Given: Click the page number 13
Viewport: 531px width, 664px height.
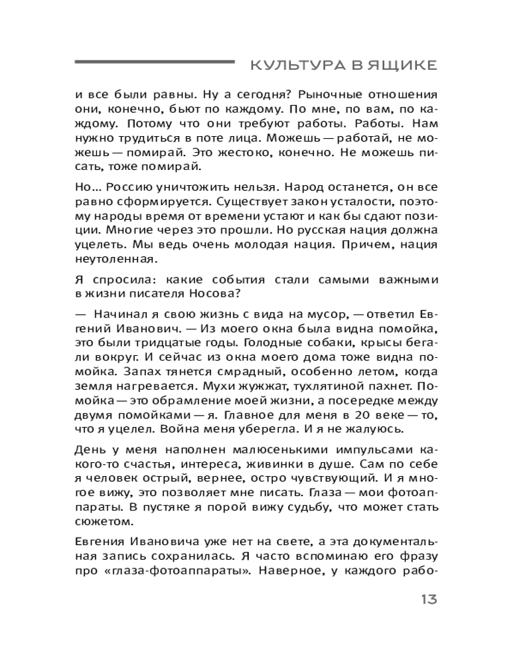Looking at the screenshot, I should tap(428, 600).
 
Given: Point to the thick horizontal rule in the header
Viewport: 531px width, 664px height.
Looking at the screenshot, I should tap(155, 62).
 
